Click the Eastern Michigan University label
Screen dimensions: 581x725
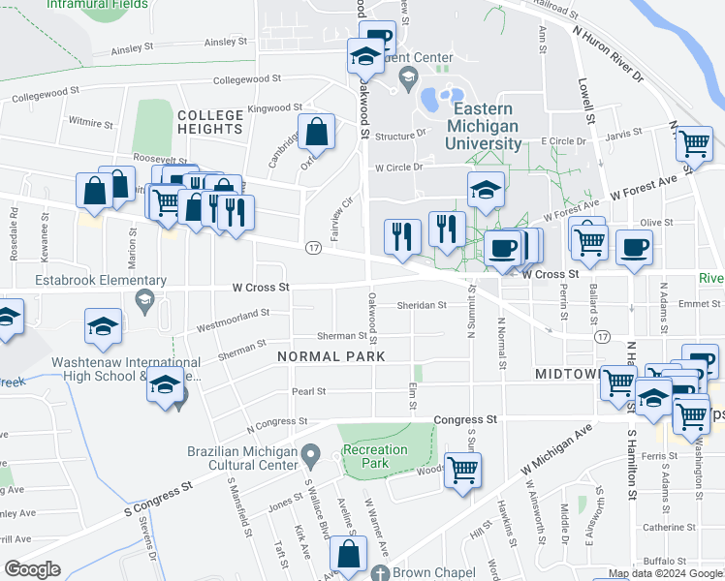click(484, 126)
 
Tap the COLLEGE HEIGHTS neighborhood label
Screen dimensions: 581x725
click(209, 122)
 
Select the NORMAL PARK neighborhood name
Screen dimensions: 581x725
click(331, 356)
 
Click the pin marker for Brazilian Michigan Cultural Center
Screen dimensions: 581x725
click(310, 453)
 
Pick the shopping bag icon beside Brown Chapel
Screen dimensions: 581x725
click(348, 555)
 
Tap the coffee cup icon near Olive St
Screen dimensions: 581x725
click(634, 248)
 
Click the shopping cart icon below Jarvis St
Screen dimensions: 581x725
click(694, 143)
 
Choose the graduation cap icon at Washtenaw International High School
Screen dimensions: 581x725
click(166, 386)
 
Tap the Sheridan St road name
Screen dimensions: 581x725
click(421, 305)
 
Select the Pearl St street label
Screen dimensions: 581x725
click(308, 391)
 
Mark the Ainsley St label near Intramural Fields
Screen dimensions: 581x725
click(133, 47)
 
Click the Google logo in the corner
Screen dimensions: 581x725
click(33, 569)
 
